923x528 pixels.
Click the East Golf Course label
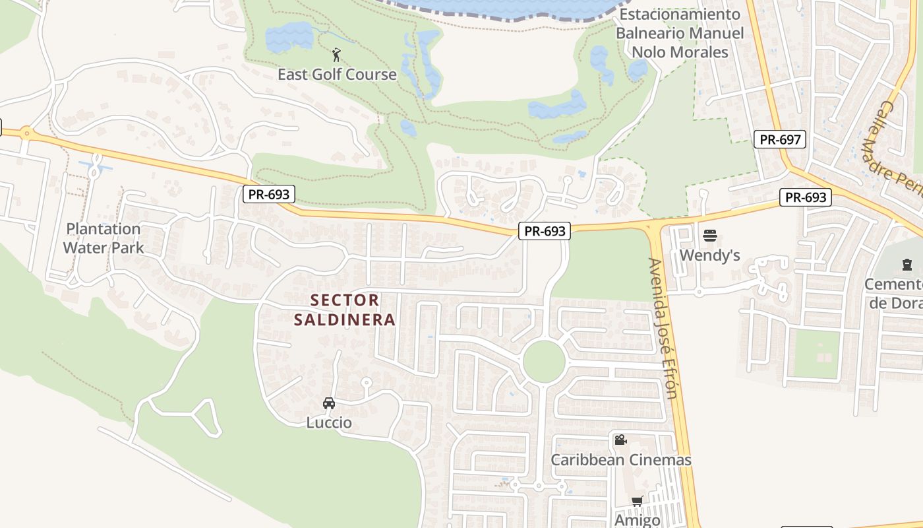(337, 74)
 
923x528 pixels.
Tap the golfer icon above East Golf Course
(337, 54)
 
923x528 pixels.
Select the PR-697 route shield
(780, 139)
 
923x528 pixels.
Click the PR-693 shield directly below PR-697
(805, 197)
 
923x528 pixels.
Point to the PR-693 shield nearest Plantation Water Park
(268, 194)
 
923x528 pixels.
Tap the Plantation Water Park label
(104, 238)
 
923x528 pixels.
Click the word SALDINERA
(344, 320)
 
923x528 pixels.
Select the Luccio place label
(329, 422)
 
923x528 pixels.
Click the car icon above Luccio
(329, 403)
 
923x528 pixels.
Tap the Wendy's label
(709, 255)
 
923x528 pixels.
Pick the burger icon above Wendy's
(710, 236)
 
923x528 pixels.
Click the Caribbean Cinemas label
(621, 460)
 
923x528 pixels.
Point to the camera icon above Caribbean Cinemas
(620, 440)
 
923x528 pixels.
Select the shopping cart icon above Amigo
(637, 502)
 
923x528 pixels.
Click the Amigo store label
(637, 520)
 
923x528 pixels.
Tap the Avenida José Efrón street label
(663, 328)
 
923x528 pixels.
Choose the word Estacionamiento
(680, 15)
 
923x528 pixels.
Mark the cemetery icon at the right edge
(907, 265)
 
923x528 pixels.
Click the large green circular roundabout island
(544, 361)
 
